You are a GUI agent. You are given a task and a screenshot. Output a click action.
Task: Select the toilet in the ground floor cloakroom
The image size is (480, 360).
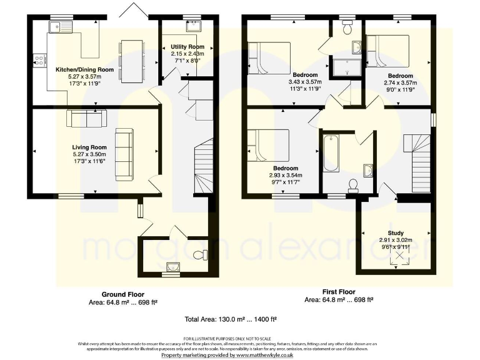point(201,255)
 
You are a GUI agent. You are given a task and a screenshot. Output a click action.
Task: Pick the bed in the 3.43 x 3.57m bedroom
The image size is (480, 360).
point(270,57)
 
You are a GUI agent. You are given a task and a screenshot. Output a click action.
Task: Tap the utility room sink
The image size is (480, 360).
point(193,27)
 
